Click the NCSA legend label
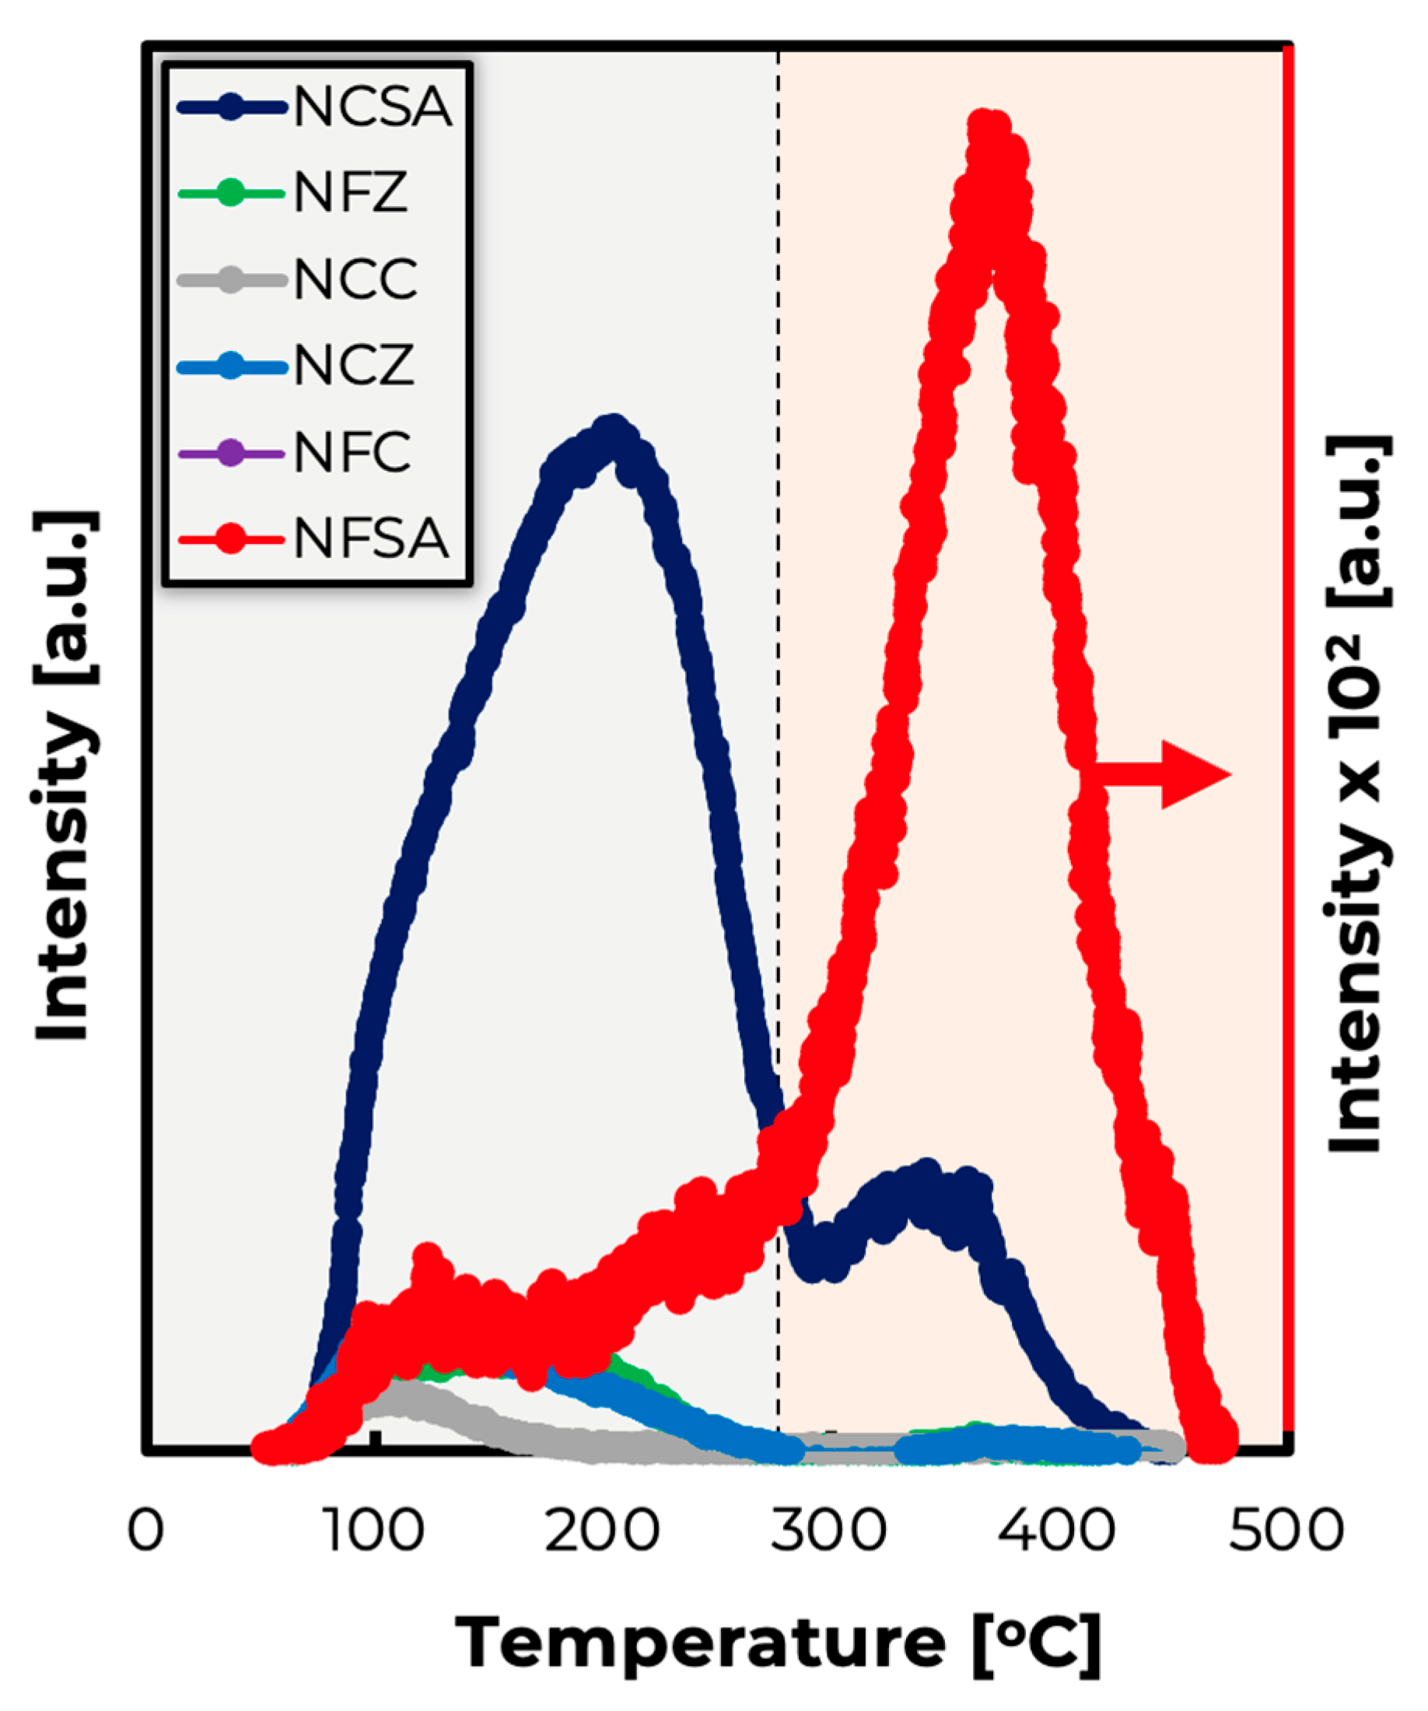tap(373, 107)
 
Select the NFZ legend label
tap(350, 194)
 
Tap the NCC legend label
tap(356, 280)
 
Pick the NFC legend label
tap(352, 453)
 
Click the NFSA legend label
tap(372, 539)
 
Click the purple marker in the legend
tap(231, 453)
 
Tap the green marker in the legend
tap(231, 194)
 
